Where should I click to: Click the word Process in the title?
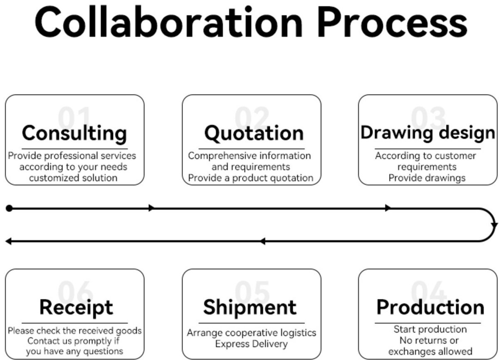click(393, 22)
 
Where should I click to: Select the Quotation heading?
click(254, 133)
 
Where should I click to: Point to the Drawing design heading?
click(428, 133)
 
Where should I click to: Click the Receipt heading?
click(76, 308)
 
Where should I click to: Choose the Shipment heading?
click(250, 307)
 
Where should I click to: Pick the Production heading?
click(430, 307)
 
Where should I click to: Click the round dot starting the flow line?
click(9, 208)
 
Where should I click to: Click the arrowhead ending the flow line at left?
click(8, 241)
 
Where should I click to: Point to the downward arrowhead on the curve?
click(494, 225)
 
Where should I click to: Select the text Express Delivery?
click(251, 344)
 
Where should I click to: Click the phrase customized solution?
click(73, 178)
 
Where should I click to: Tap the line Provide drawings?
click(427, 178)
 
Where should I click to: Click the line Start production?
click(430, 329)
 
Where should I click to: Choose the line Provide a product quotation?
click(251, 178)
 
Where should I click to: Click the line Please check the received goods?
click(74, 330)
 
